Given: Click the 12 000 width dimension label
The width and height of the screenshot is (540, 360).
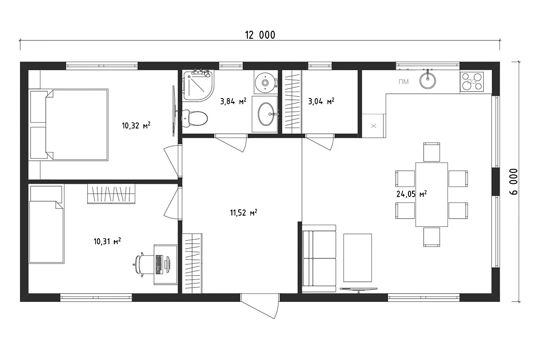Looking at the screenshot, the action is [x=260, y=35].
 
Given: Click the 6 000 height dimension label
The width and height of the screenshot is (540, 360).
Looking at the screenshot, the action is [x=514, y=182].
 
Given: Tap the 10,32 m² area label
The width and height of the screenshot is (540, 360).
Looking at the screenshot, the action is [x=136, y=125].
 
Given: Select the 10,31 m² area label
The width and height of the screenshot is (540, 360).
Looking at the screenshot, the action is [x=107, y=241].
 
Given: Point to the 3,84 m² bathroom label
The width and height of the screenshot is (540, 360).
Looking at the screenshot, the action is [x=233, y=101].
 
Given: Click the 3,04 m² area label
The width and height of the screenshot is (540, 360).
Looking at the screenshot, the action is [x=321, y=101].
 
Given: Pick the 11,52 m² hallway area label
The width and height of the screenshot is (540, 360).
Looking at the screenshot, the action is [x=244, y=212].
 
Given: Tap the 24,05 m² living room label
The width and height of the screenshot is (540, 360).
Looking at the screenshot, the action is [x=412, y=194].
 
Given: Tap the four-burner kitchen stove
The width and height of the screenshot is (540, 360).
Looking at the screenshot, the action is [x=472, y=82].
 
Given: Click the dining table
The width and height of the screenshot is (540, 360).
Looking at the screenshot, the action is [x=432, y=194].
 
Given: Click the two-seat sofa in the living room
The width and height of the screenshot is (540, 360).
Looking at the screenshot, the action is [x=319, y=259].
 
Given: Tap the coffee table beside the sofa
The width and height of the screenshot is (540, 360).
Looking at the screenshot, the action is [x=358, y=258].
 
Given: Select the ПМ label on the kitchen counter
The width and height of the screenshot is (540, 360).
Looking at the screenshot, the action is [x=403, y=82].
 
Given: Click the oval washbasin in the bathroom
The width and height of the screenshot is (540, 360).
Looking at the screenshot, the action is [x=267, y=114].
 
